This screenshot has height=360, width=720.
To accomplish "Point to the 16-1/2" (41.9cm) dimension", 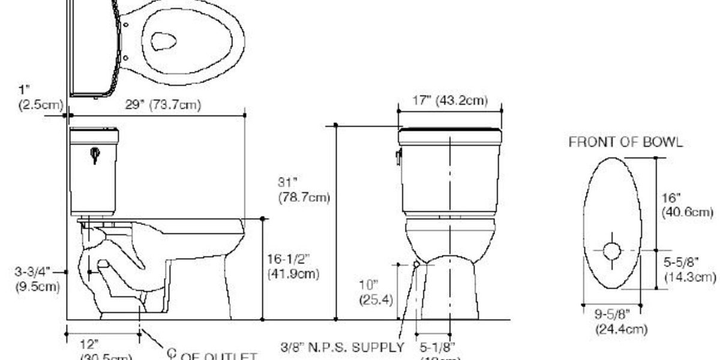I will click(293, 266).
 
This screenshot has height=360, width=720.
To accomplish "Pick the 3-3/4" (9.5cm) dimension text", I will click(37, 279).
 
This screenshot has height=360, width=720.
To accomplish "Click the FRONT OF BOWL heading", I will click(625, 142).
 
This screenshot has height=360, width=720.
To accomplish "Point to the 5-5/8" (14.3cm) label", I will click(689, 269).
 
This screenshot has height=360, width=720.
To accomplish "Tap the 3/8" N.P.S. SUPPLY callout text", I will click(342, 347).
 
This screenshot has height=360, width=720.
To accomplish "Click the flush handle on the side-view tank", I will click(94, 155).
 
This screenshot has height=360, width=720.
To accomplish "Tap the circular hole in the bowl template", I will click(611, 250).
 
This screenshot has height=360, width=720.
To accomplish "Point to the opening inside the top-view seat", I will click(163, 41).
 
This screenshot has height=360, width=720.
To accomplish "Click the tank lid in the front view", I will click(449, 136).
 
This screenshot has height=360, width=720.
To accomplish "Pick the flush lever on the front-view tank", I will click(397, 157).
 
